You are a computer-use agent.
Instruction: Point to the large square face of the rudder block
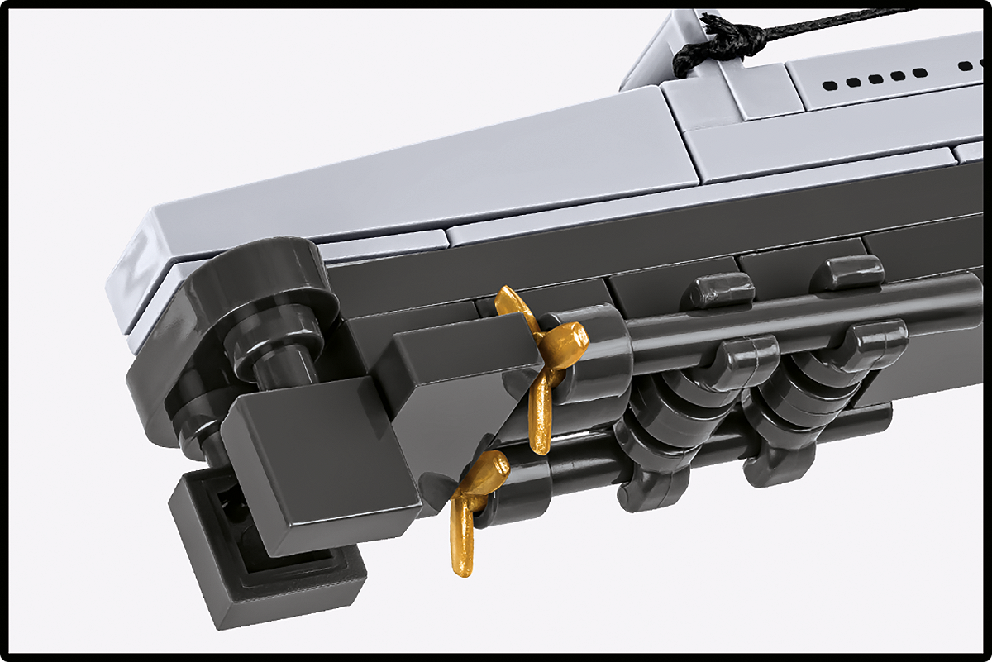314,463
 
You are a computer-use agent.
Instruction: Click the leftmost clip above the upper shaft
723,288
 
